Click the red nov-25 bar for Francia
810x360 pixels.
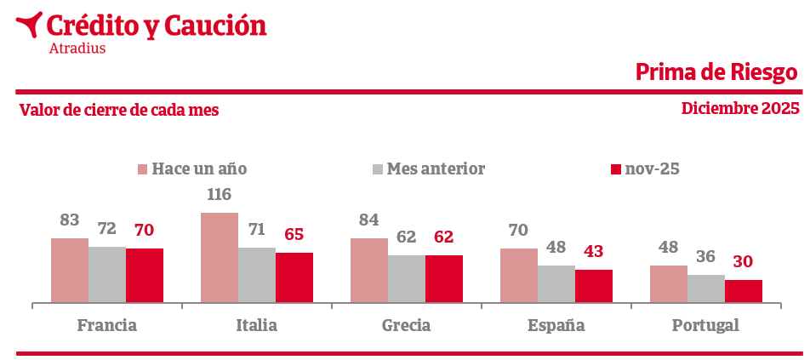coord(145,275)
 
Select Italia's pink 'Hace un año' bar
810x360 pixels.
coord(220,257)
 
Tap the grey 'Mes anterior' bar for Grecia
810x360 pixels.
coord(407,278)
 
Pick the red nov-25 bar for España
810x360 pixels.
coord(594,286)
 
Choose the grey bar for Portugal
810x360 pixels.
coord(706,289)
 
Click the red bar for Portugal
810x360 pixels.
coord(744,291)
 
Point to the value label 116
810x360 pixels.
coord(220,195)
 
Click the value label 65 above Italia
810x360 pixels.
coord(294,235)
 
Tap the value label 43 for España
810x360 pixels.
coord(594,252)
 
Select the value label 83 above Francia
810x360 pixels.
coord(70,220)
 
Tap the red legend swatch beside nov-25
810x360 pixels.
coord(617,169)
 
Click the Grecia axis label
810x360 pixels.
coord(406,325)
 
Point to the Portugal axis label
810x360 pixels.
coord(705,325)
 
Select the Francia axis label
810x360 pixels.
coord(107,325)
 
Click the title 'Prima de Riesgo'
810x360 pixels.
coord(717,72)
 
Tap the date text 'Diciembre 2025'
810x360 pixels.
coord(740,108)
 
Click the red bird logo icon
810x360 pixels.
coord(30,24)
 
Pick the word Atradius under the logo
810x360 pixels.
coord(77,49)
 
